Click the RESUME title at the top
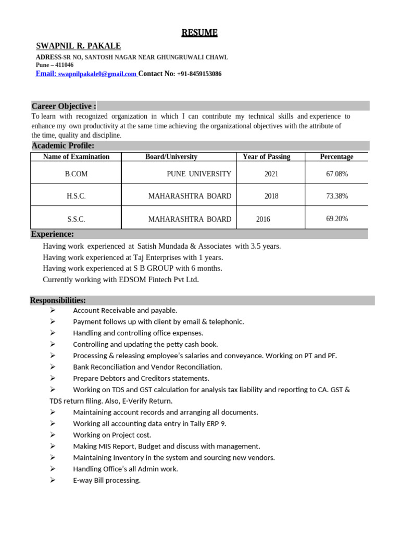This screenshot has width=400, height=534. pos(199,33)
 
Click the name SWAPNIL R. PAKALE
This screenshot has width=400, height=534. pos(78,46)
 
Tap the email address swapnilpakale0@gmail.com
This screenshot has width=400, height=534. pos(97,75)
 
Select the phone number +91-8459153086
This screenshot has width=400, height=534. pos(199,74)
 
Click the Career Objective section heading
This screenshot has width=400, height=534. pos(64,106)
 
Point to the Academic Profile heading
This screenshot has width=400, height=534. pos(63,145)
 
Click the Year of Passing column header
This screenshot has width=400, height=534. pos(266,157)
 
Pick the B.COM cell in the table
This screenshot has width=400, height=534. pos(76,174)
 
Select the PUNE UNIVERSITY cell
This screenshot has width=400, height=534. pos(199,174)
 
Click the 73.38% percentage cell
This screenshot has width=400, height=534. pos(337,196)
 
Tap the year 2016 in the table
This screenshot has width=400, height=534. pos(263,219)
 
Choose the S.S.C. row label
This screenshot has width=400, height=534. pos(76,219)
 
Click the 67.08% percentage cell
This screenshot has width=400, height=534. pos(337,174)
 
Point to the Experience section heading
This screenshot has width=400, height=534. pos(53,234)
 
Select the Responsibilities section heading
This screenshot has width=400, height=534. pos(58,300)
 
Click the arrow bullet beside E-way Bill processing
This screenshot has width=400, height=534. pos(53,480)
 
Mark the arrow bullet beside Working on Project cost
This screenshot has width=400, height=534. pos(53,435)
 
